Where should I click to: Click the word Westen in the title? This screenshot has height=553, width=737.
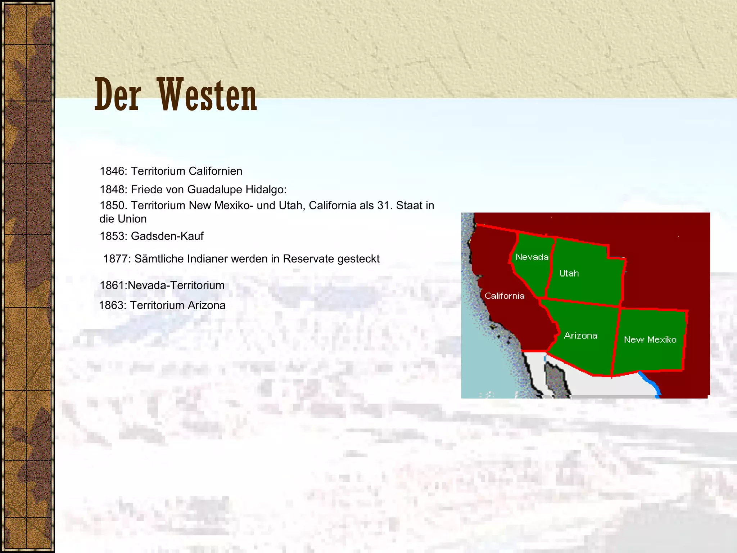click(207, 95)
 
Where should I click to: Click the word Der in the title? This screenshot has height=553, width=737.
click(117, 95)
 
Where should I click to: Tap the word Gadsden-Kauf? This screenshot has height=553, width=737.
click(167, 236)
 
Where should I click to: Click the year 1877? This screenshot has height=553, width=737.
click(117, 259)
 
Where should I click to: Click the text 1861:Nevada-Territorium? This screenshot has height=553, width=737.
click(162, 286)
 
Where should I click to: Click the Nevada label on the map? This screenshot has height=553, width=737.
click(532, 257)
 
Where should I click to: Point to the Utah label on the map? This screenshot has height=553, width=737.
click(569, 273)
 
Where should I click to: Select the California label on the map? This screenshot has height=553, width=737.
click(505, 296)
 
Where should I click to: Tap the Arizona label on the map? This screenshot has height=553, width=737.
click(581, 336)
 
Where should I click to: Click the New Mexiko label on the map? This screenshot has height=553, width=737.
click(650, 340)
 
